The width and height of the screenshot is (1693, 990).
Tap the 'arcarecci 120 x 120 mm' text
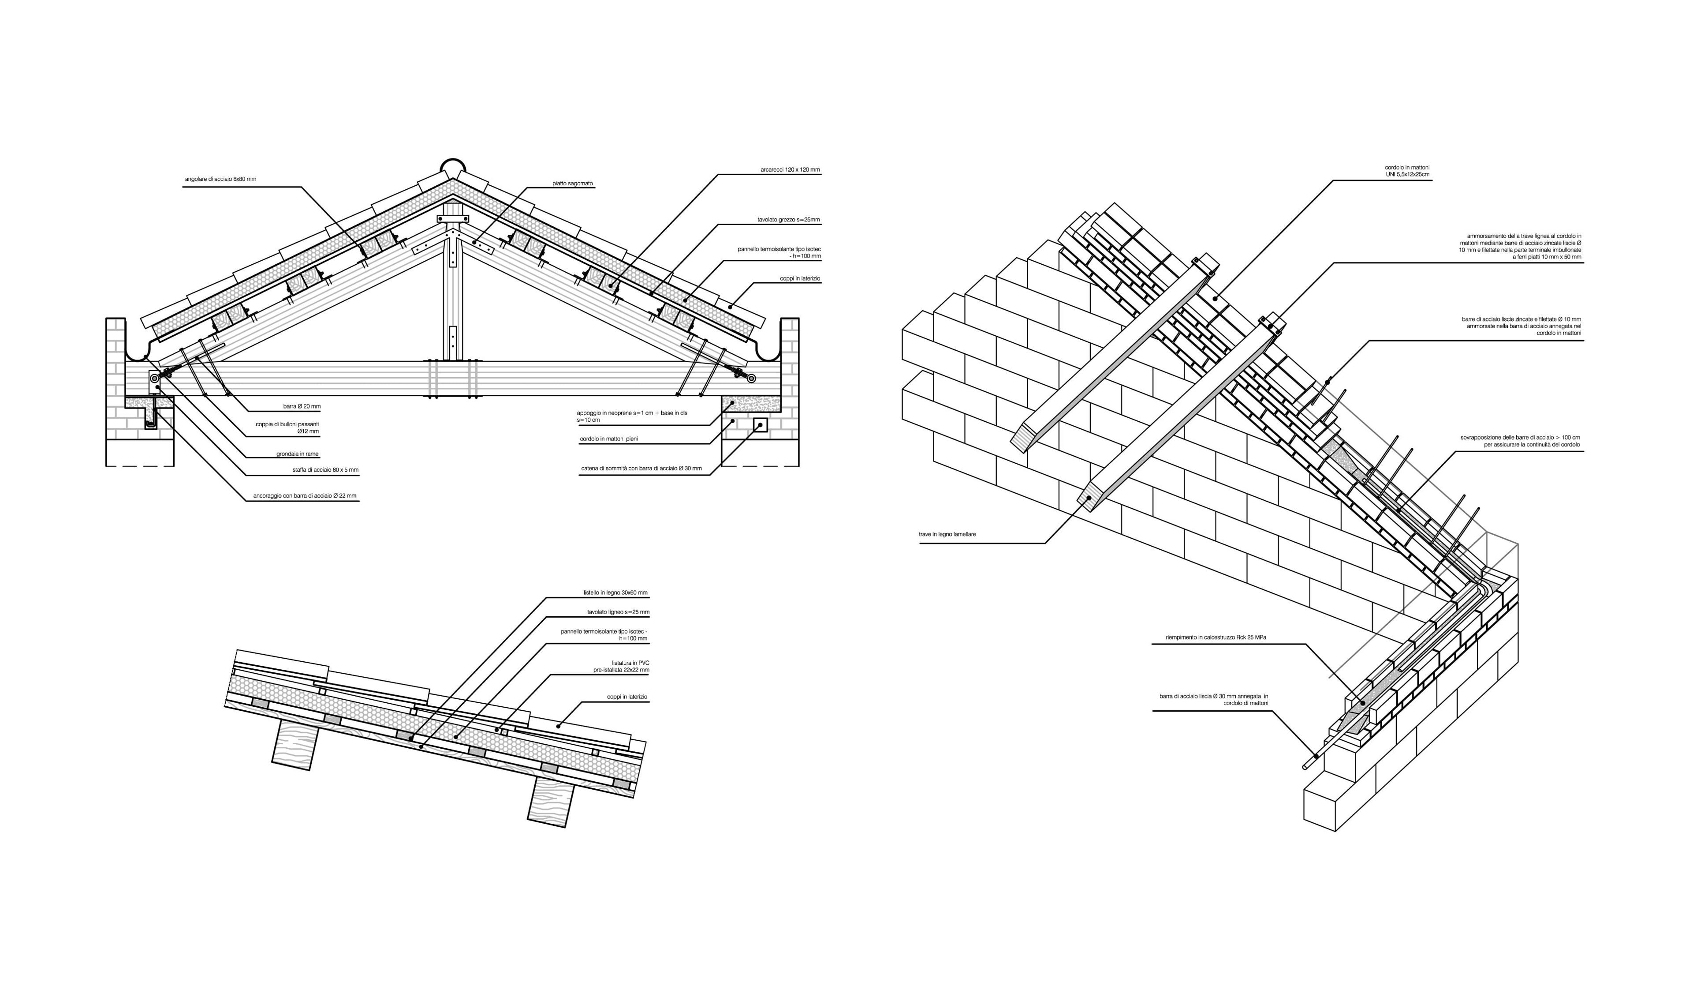point(790,170)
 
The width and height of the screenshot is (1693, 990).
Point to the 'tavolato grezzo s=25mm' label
point(789,220)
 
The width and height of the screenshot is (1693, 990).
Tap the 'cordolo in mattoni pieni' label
point(609,439)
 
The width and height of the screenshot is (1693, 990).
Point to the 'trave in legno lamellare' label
point(947,534)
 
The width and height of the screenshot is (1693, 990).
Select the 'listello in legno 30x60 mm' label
point(615,593)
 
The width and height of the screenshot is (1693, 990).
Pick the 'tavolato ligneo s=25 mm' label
point(618,612)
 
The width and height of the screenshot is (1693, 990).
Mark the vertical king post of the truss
point(454,296)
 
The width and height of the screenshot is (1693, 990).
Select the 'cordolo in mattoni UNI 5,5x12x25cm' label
point(1416,171)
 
